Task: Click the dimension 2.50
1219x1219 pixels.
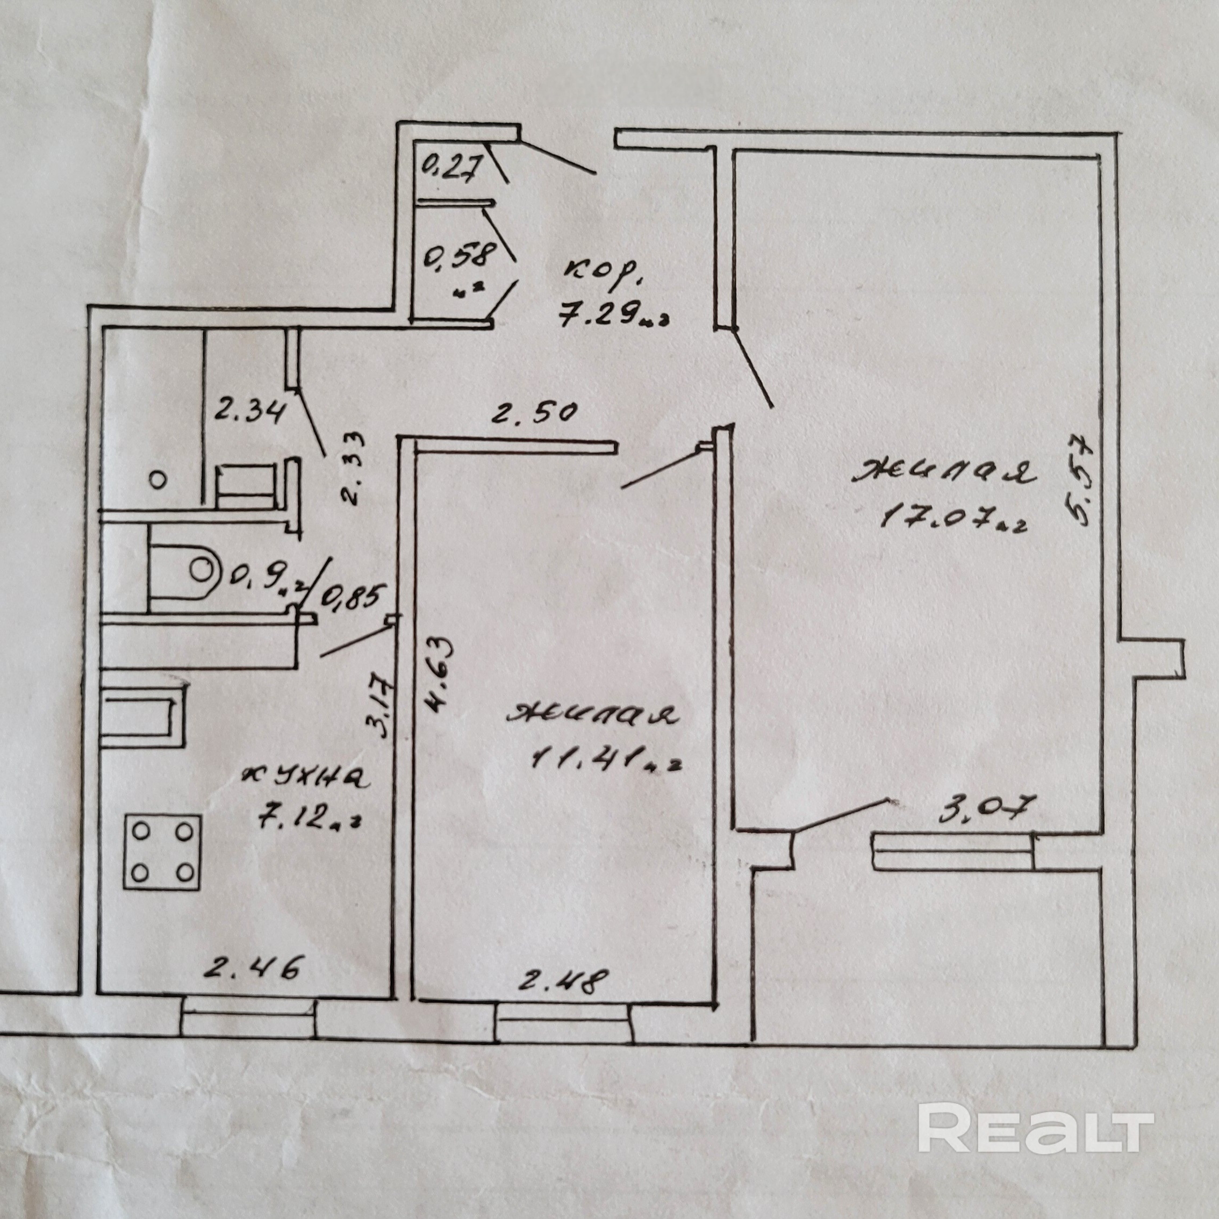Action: click(x=534, y=413)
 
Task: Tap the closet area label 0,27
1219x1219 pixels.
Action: click(x=451, y=168)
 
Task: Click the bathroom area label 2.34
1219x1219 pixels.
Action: click(x=250, y=413)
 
